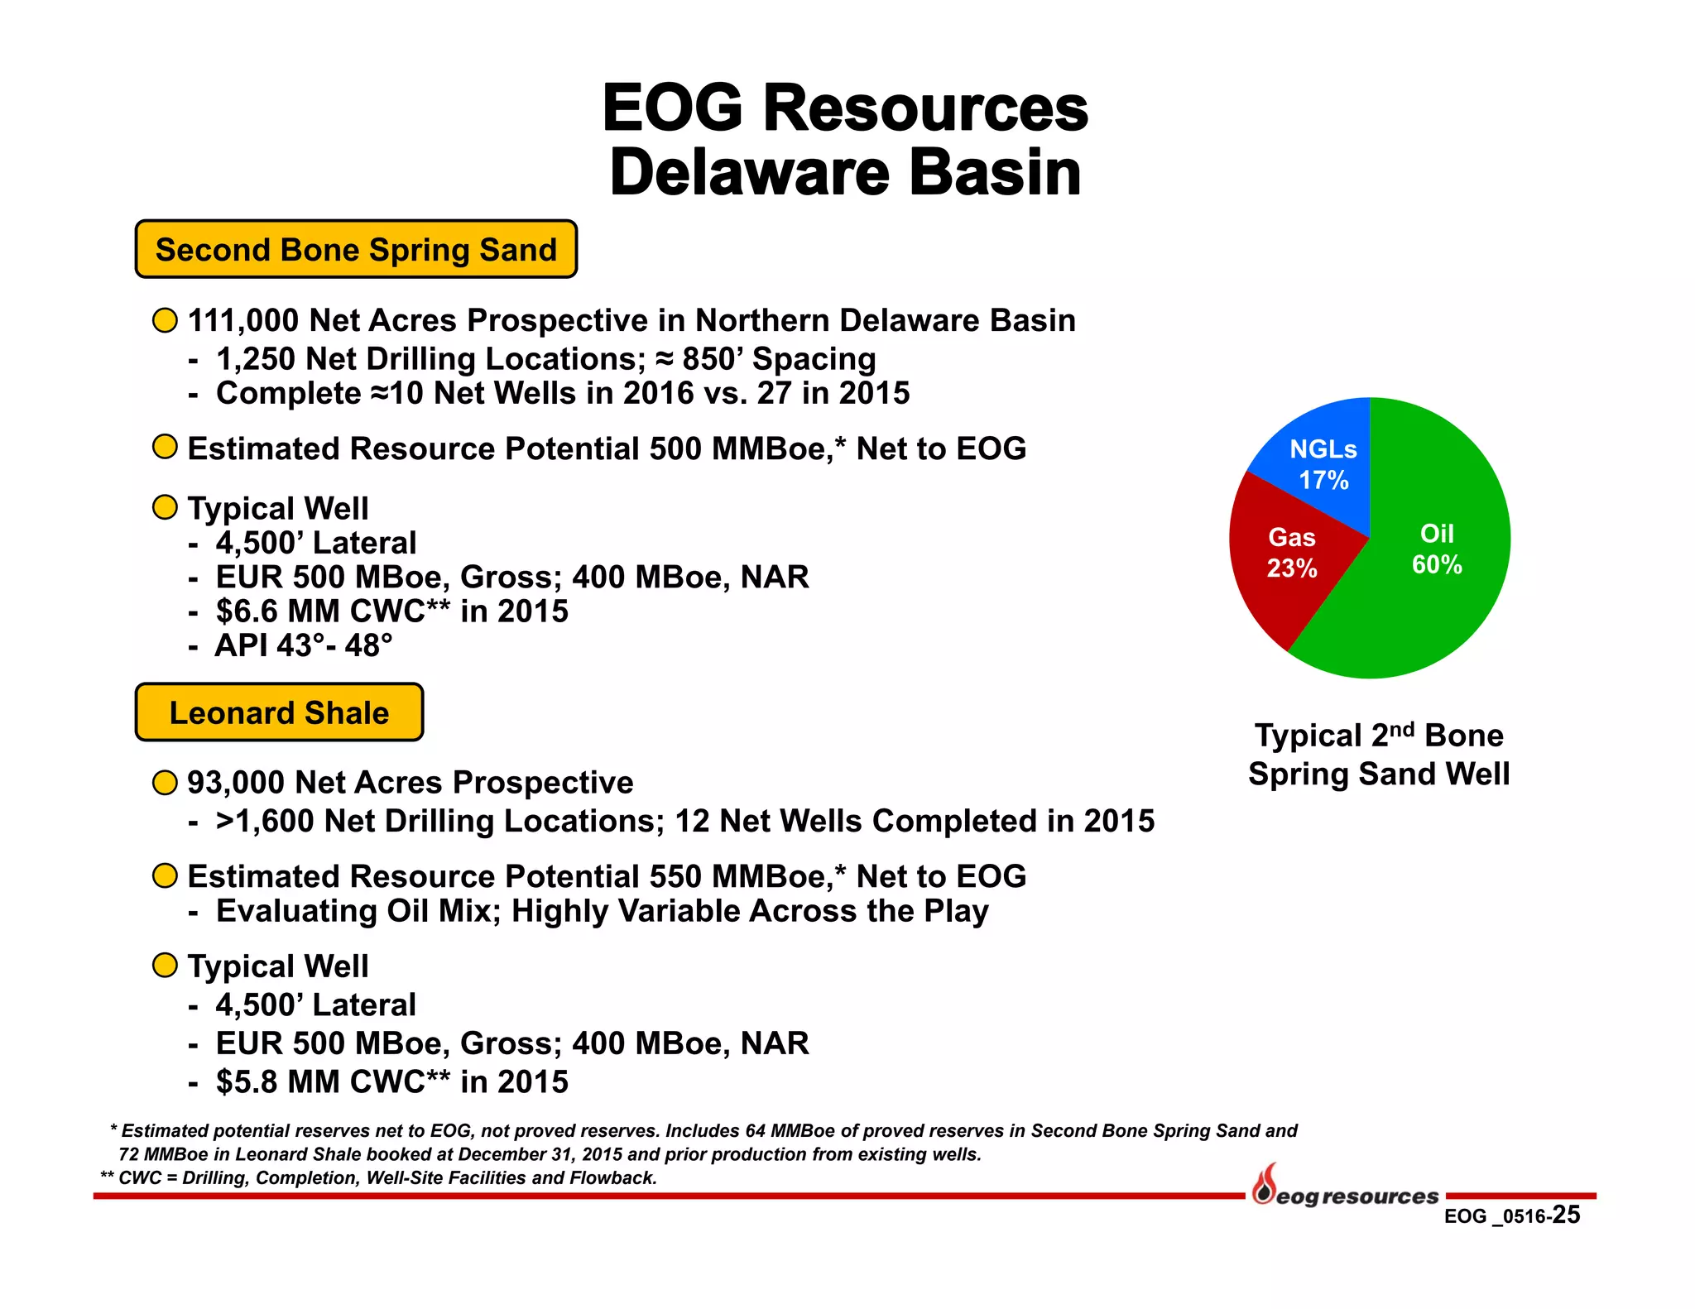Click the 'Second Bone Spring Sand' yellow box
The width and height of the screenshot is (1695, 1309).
(x=356, y=249)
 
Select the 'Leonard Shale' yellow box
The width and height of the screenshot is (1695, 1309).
(x=279, y=712)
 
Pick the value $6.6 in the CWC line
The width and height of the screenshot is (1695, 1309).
(x=247, y=611)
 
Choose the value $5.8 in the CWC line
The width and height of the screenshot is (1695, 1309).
(x=247, y=1082)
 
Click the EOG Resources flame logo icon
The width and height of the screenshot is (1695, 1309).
(x=1264, y=1185)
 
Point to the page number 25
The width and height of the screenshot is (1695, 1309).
(x=1566, y=1215)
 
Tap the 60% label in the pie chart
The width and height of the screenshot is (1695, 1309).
(x=1437, y=565)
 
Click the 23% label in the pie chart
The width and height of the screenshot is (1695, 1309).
(x=1292, y=568)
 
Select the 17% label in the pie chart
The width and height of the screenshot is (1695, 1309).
(x=1323, y=480)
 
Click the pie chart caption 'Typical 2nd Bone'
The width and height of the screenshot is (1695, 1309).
(x=1379, y=736)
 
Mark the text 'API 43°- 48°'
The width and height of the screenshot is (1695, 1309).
(x=304, y=645)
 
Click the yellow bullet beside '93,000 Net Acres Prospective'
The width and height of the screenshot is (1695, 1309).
(x=166, y=783)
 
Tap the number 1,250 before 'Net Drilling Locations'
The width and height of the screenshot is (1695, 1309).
(x=256, y=360)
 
